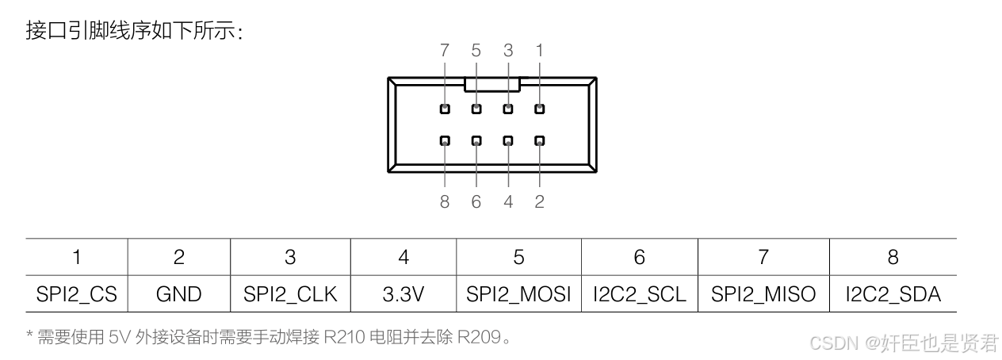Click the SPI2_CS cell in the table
tap(76, 294)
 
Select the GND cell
tap(178, 294)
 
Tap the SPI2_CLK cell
tap(290, 294)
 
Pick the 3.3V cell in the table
tap(403, 294)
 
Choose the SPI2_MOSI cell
tap(518, 294)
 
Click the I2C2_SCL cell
tap(639, 294)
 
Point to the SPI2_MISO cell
tap(763, 294)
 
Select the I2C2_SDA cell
tap(893, 294)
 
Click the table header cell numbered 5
tap(518, 257)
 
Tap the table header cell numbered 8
tap(893, 257)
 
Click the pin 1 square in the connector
tap(540, 109)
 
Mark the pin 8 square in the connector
tap(445, 141)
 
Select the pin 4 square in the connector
tap(508, 141)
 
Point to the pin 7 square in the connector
tap(445, 109)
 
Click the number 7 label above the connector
tap(445, 51)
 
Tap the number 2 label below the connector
tap(540, 202)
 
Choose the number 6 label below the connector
tap(476, 202)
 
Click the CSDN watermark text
tap(836, 343)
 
